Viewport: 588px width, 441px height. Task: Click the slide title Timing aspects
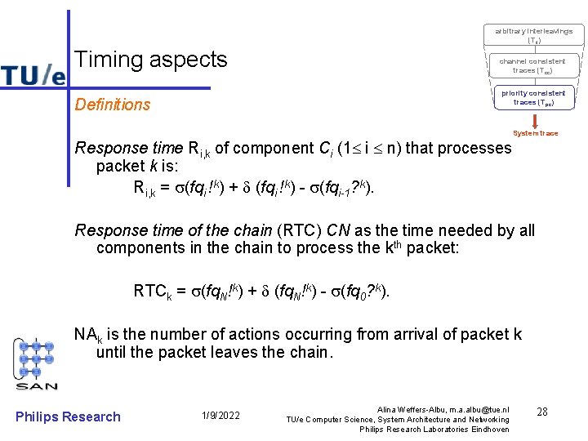(151, 60)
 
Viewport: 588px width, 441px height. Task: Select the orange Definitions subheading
(113, 105)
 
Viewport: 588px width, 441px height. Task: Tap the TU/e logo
(33, 74)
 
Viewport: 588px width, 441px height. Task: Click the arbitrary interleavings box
(533, 35)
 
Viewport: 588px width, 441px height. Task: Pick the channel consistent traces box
(532, 65)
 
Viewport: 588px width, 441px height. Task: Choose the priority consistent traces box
(533, 97)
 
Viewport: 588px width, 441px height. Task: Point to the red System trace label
(536, 133)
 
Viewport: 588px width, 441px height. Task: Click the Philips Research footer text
(68, 416)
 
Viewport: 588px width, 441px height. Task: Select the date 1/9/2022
(220, 416)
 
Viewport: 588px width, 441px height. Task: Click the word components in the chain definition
(138, 248)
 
